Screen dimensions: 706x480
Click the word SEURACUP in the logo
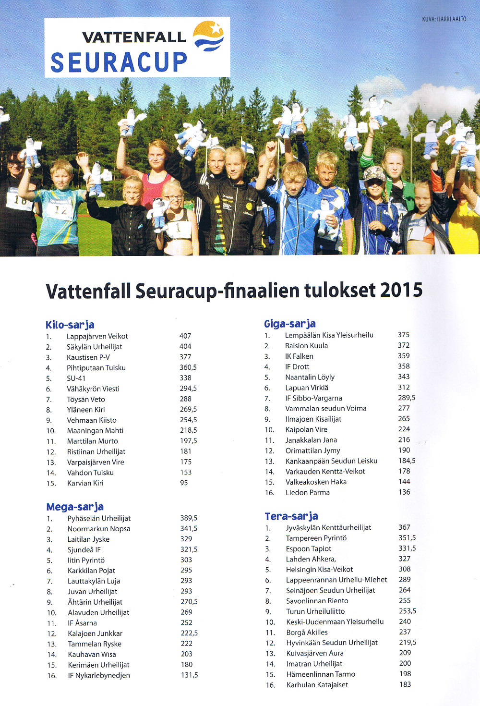click(x=119, y=62)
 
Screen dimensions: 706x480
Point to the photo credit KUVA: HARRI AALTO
click(x=444, y=19)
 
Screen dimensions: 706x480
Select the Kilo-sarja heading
click(x=70, y=325)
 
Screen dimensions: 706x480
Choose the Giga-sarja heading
click(x=290, y=324)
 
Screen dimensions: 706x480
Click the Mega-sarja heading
click(x=75, y=507)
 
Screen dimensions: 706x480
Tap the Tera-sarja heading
click(x=291, y=516)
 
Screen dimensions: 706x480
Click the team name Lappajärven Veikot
click(x=97, y=336)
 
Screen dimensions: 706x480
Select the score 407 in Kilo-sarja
click(x=185, y=336)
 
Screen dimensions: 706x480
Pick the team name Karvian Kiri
click(x=85, y=483)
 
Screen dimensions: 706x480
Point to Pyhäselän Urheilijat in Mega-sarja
click(x=99, y=518)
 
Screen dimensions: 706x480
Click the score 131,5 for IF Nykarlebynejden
click(x=189, y=675)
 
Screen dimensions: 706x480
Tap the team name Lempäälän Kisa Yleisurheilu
click(x=329, y=335)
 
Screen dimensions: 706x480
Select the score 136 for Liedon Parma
click(x=404, y=492)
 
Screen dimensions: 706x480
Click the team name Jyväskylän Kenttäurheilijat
click(x=328, y=527)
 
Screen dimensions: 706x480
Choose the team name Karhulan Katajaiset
click(x=317, y=685)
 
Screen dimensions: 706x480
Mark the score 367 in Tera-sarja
click(x=404, y=527)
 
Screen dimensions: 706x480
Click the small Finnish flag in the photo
click(x=247, y=146)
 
